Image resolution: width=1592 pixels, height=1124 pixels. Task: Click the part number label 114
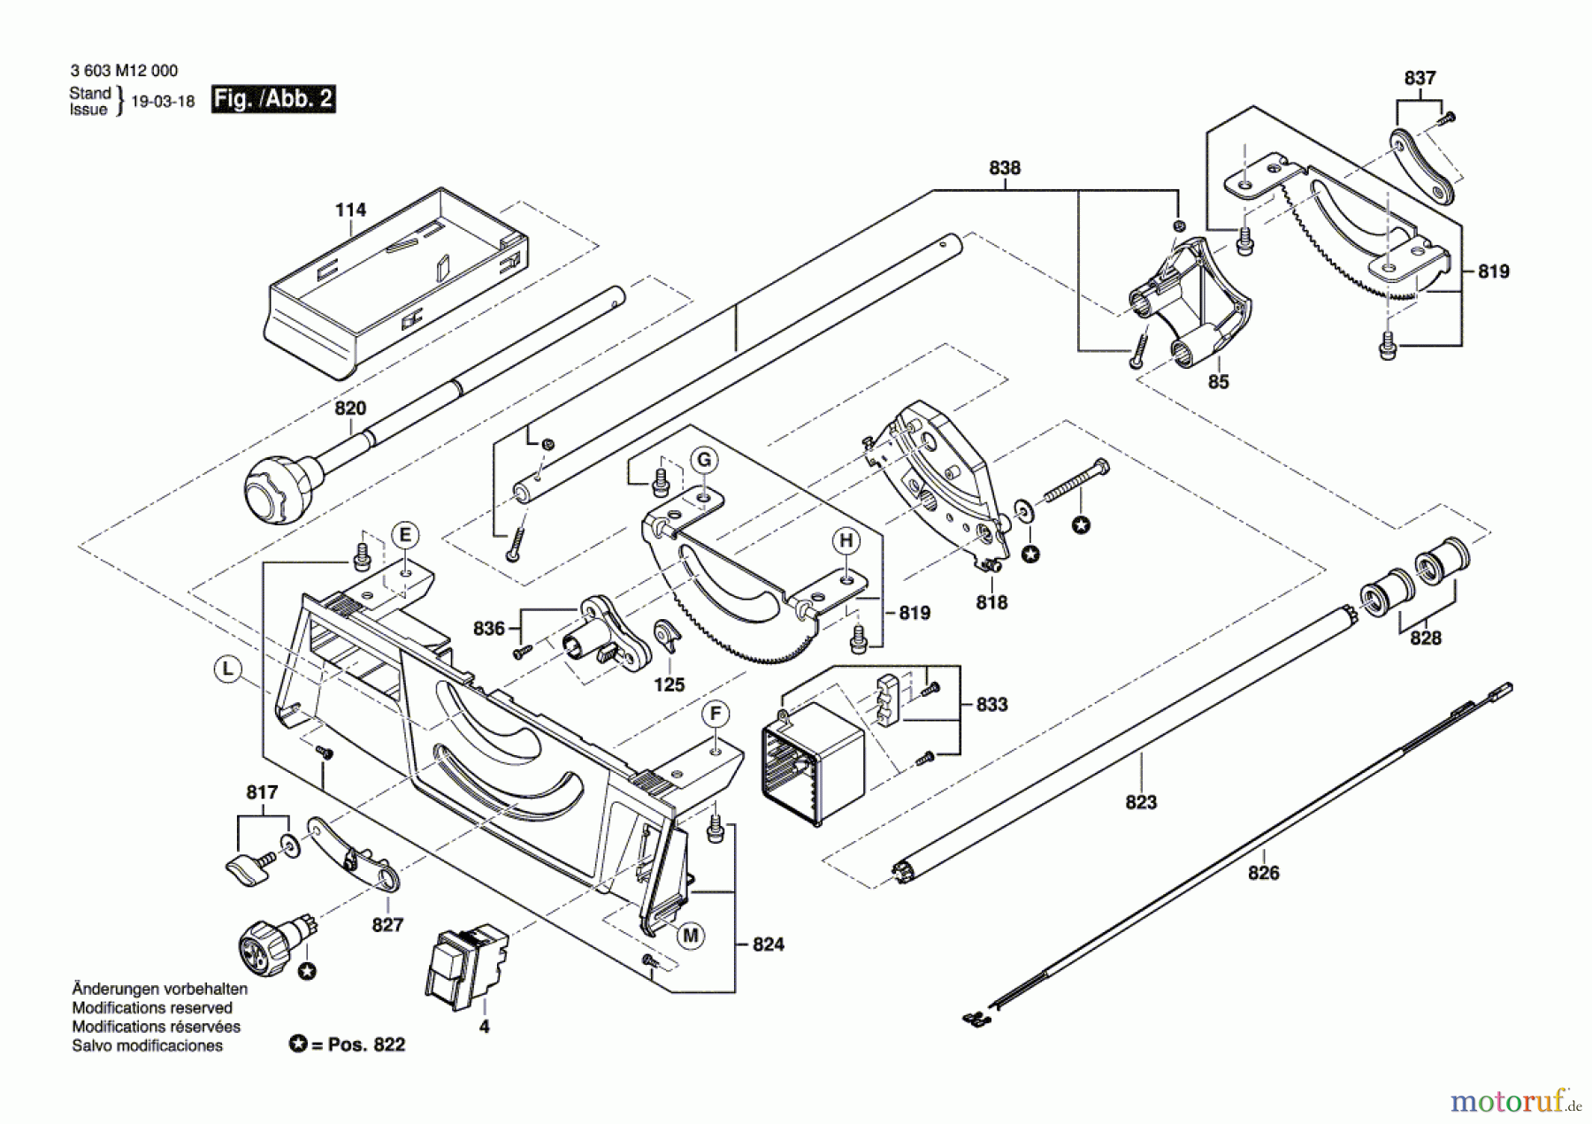pyautogui.click(x=350, y=210)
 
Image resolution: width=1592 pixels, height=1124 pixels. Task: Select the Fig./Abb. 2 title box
pyautogui.click(x=273, y=98)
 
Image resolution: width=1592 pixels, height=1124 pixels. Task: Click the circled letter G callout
pyautogui.click(x=704, y=460)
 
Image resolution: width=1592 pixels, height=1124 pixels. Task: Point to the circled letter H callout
pyautogui.click(x=846, y=541)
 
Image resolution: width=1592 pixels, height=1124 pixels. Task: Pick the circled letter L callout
pyautogui.click(x=228, y=669)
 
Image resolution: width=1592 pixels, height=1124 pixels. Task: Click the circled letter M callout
pyautogui.click(x=690, y=936)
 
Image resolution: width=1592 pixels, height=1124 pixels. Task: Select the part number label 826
pyautogui.click(x=1263, y=873)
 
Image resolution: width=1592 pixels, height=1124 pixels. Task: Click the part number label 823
pyautogui.click(x=1141, y=802)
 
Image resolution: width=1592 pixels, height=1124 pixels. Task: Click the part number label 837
pyautogui.click(x=1420, y=78)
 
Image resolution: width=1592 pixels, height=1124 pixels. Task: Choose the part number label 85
pyautogui.click(x=1218, y=382)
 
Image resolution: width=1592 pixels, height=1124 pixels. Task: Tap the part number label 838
pyautogui.click(x=1005, y=167)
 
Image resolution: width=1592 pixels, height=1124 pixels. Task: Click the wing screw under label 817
pyautogui.click(x=248, y=868)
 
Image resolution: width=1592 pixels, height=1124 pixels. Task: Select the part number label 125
pyautogui.click(x=669, y=684)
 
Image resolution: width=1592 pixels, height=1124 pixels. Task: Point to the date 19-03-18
pyautogui.click(x=163, y=101)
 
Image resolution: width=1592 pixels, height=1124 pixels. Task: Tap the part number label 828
pyautogui.click(x=1425, y=638)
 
